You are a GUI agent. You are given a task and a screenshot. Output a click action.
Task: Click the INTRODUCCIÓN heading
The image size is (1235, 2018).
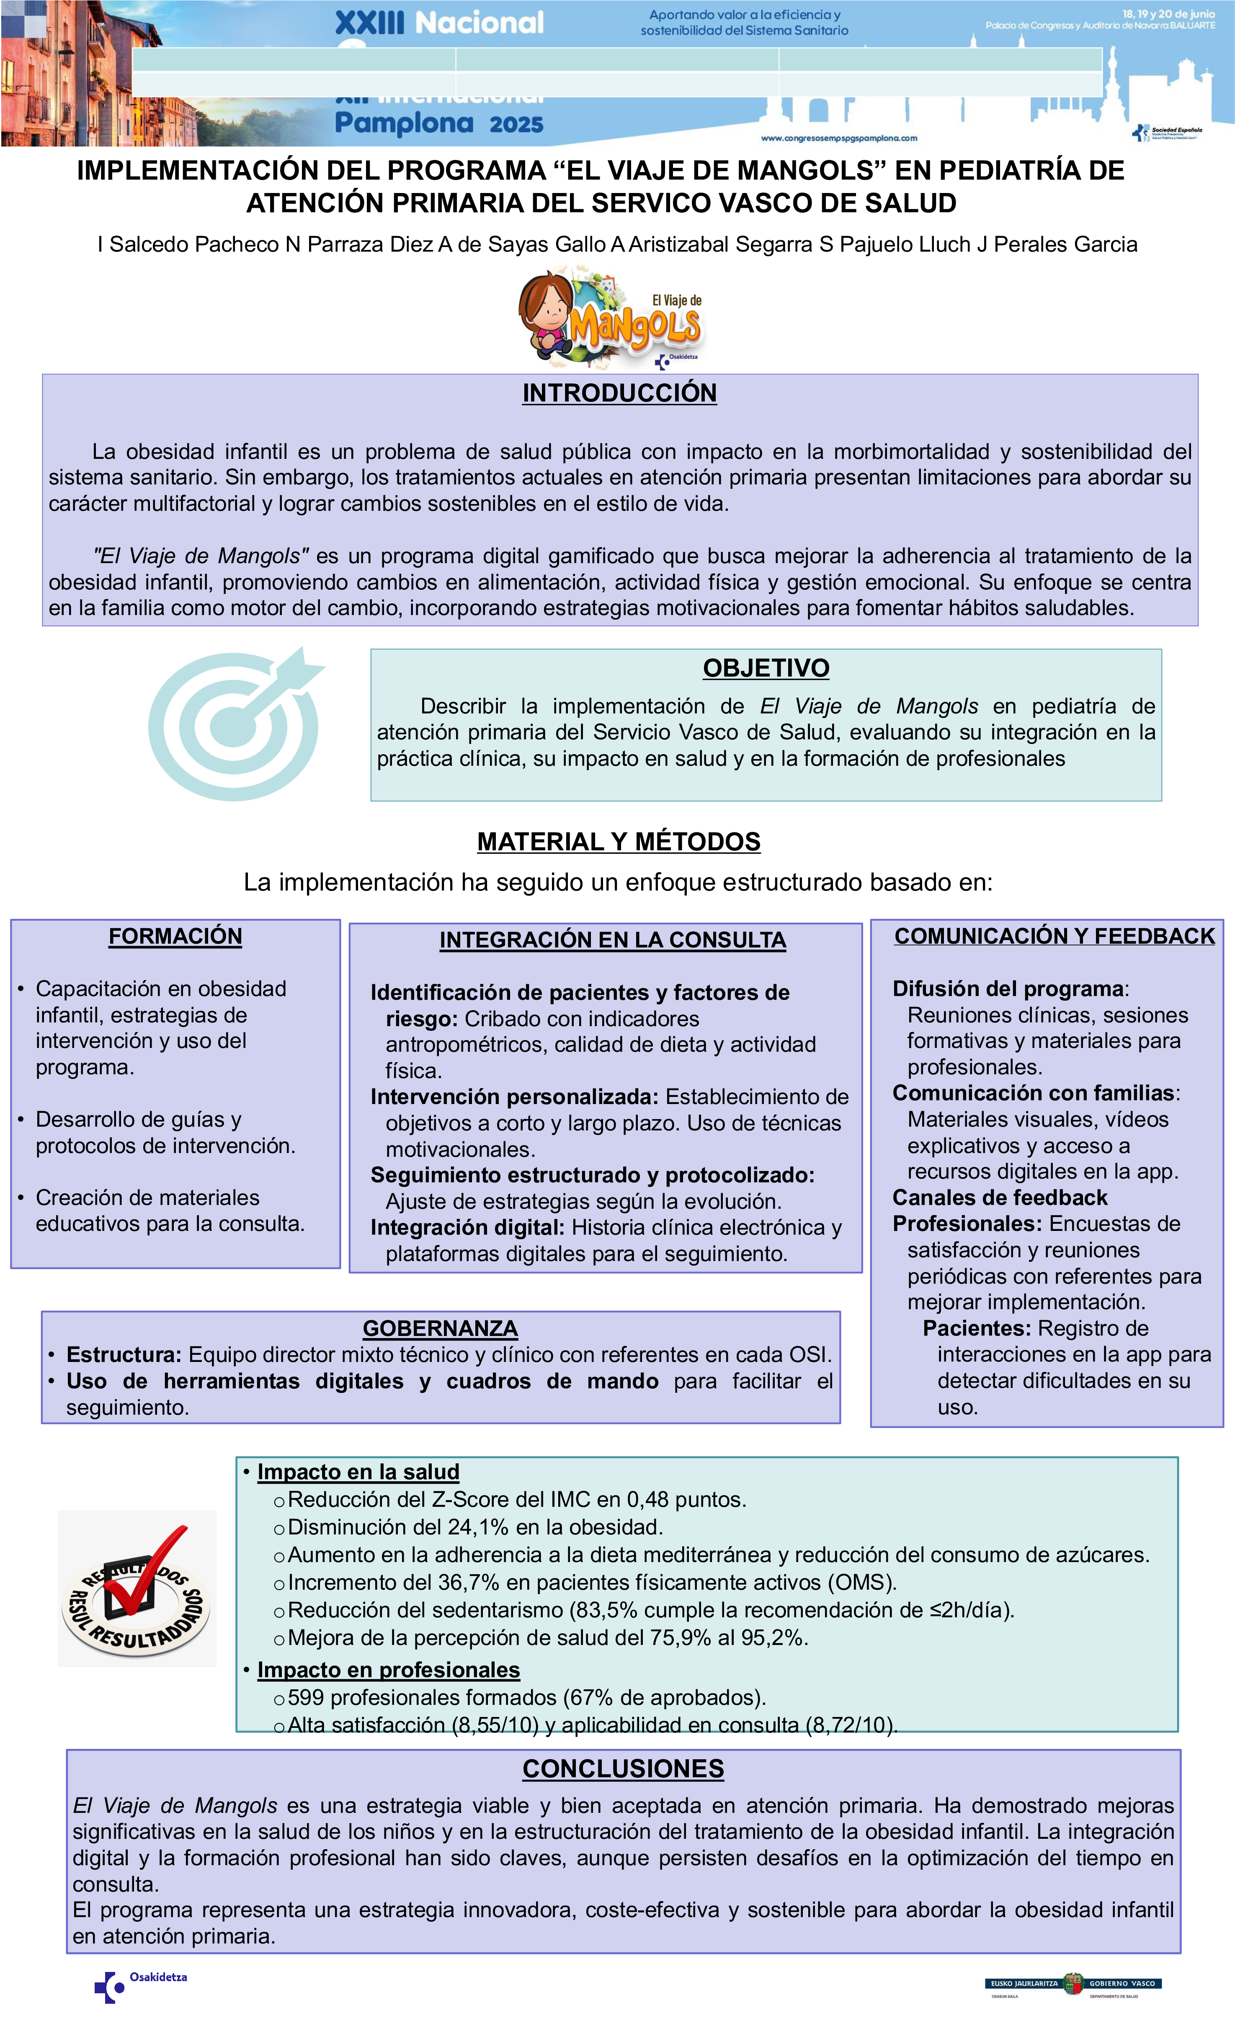click(x=619, y=393)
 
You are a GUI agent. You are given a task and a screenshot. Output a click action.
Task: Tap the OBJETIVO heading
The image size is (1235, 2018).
click(x=766, y=668)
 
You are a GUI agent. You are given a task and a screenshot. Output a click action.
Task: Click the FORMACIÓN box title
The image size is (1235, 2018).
click(x=175, y=936)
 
